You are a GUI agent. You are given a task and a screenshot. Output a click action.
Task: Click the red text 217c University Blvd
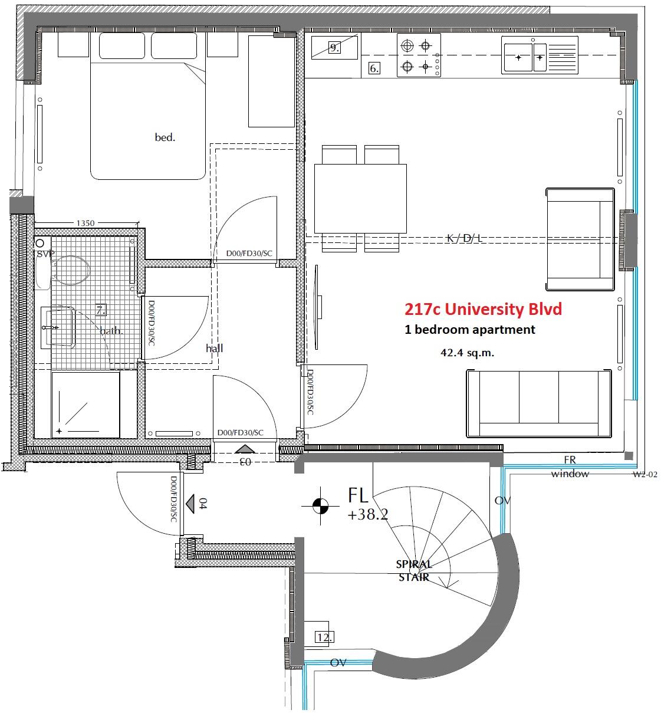(483, 309)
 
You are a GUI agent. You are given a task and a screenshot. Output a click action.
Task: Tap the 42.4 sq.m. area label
(467, 353)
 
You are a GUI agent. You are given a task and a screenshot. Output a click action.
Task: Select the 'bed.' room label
(165, 137)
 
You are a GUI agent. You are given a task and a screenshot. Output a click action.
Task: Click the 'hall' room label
(215, 348)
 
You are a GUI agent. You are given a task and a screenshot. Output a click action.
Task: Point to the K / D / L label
(464, 238)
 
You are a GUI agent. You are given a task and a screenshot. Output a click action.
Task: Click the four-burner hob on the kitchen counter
(419, 55)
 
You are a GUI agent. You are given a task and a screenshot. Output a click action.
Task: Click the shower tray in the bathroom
(86, 405)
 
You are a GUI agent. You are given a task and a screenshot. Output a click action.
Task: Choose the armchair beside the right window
(580, 239)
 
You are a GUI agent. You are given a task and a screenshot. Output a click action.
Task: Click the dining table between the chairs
(360, 199)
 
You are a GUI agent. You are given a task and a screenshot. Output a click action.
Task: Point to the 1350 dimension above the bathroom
(85, 223)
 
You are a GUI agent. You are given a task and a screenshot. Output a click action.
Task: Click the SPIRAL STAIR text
(414, 570)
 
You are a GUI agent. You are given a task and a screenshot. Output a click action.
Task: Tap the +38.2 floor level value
(367, 515)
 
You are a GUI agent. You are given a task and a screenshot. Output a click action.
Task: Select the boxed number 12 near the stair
(324, 638)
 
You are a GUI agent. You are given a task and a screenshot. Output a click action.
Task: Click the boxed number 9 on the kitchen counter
(334, 48)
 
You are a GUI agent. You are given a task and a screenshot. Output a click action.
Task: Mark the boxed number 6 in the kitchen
(374, 68)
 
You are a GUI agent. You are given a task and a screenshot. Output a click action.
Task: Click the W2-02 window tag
(644, 474)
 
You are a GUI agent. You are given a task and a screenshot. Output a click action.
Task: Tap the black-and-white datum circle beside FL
(321, 505)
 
